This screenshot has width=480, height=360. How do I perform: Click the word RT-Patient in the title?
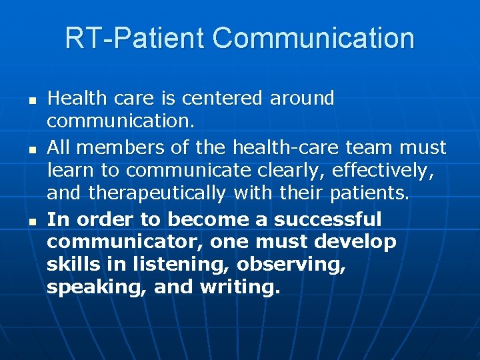pyautogui.click(x=135, y=38)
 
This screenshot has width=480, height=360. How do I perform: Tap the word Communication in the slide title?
pyautogui.click(x=313, y=38)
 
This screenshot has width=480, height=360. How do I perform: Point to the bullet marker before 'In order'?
pyautogui.click(x=31, y=220)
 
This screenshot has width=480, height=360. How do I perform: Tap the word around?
pyautogui.click(x=302, y=99)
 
